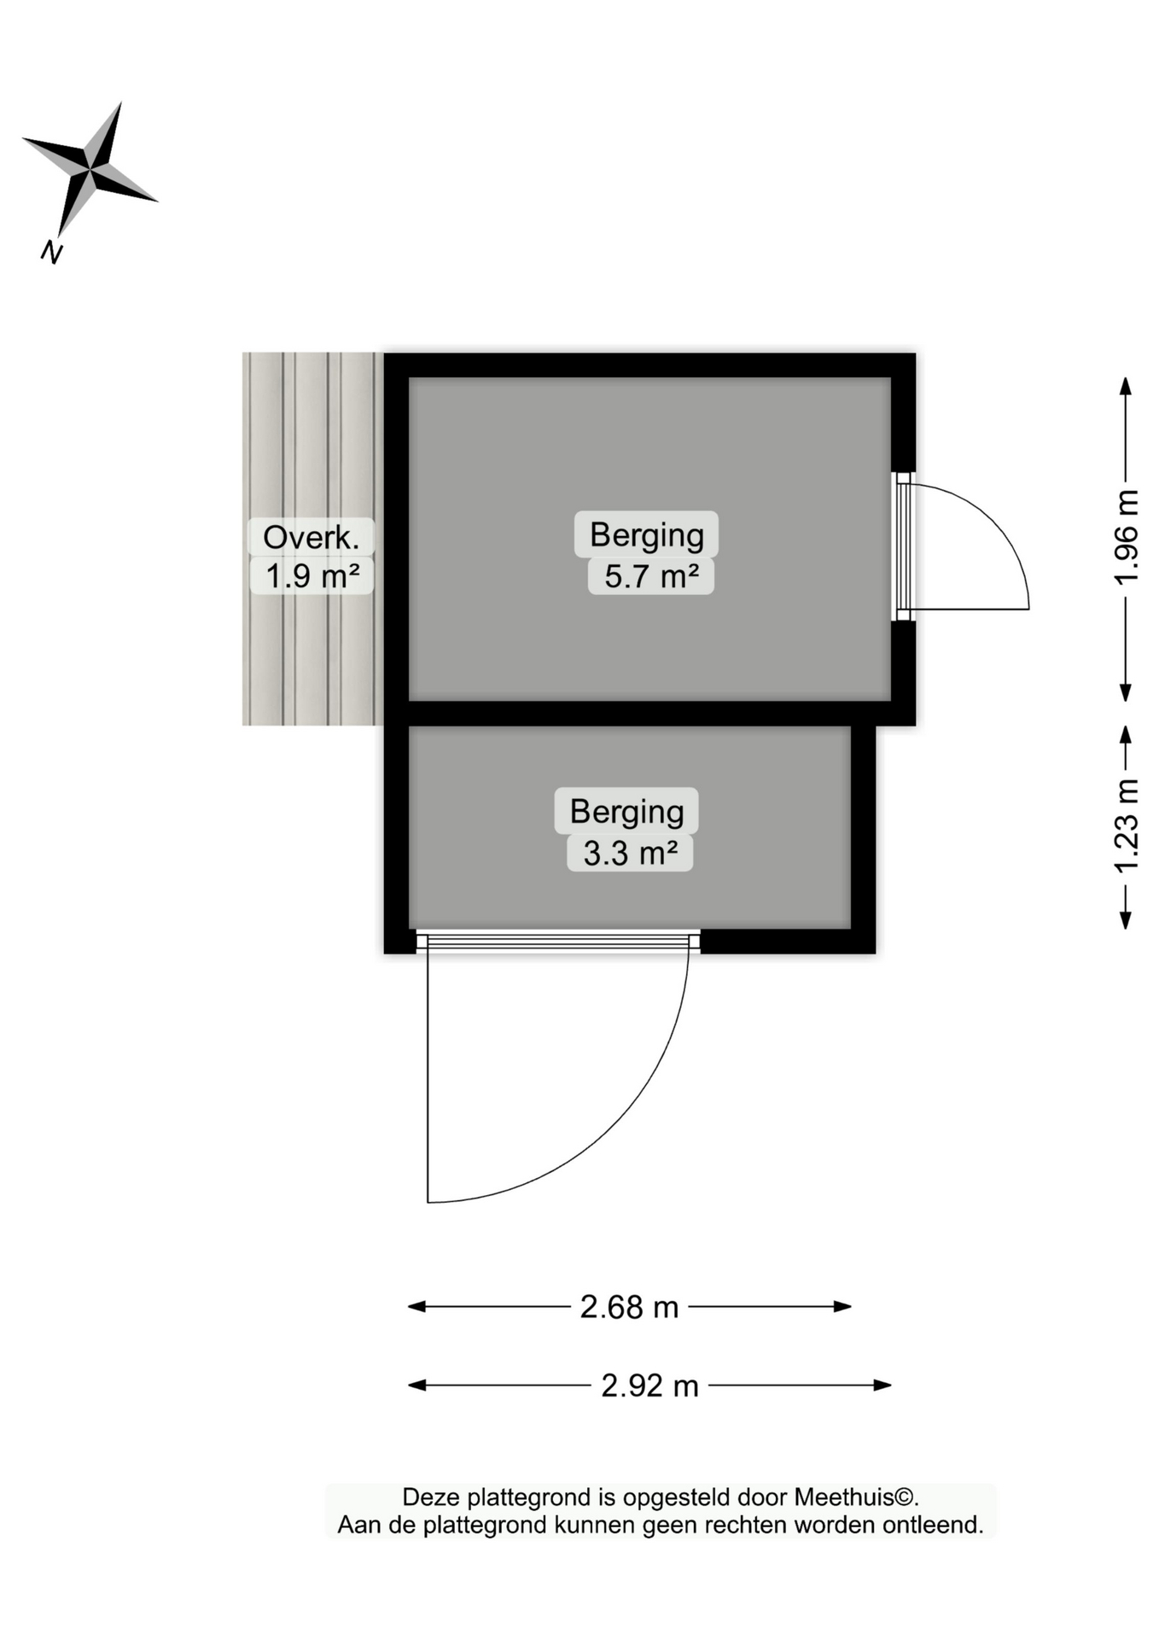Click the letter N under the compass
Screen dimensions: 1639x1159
pyautogui.click(x=52, y=252)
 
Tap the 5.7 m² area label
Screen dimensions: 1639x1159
pyautogui.click(x=651, y=576)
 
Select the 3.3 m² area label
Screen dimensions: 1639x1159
pyautogui.click(x=630, y=853)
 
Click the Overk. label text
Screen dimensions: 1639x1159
pyautogui.click(x=311, y=538)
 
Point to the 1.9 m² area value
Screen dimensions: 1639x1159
pyautogui.click(x=312, y=576)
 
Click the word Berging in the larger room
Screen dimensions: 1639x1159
pyautogui.click(x=646, y=535)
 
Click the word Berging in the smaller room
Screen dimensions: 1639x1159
pyautogui.click(x=626, y=812)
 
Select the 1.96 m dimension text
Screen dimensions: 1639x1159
pyautogui.click(x=1127, y=537)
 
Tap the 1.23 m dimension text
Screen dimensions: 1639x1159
pyautogui.click(x=1127, y=825)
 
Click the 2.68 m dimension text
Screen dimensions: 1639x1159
pyautogui.click(x=629, y=1307)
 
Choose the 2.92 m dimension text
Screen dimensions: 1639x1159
pyautogui.click(x=649, y=1385)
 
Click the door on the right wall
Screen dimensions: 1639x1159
pyautogui.click(x=904, y=546)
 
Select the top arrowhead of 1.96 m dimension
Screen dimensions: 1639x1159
pyautogui.click(x=1126, y=386)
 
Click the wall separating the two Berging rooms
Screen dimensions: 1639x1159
pyautogui.click(x=649, y=714)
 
